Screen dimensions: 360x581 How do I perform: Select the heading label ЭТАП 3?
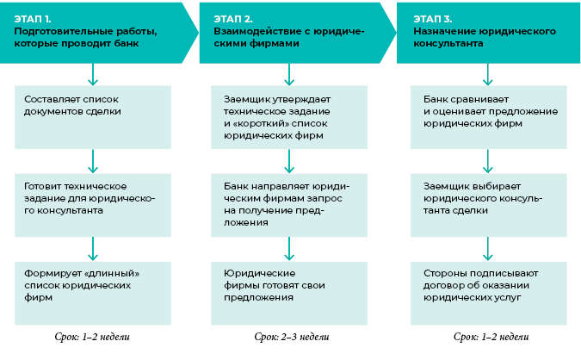pyautogui.click(x=433, y=17)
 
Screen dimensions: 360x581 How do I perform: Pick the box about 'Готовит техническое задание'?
pyautogui.click(x=92, y=199)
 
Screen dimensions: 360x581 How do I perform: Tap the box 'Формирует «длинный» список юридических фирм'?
pyautogui.click(x=92, y=285)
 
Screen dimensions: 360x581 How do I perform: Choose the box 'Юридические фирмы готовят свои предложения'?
pyautogui.click(x=290, y=285)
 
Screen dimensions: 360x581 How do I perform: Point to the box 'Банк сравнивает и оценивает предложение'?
pyautogui.click(x=488, y=111)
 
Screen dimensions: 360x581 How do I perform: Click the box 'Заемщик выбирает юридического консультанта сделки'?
pyautogui.click(x=488, y=199)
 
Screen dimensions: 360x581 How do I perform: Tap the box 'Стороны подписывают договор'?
pyautogui.click(x=488, y=285)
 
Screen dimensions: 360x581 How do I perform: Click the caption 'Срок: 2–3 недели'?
pyautogui.click(x=290, y=336)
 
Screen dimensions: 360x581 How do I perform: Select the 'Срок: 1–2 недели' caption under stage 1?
pyautogui.click(x=92, y=336)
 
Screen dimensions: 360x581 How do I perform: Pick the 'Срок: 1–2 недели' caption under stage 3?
pyautogui.click(x=489, y=336)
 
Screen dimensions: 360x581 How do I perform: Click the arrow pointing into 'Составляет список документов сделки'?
pyautogui.click(x=92, y=74)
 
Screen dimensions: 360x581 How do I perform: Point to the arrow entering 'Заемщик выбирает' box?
pyautogui.click(x=488, y=160)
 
